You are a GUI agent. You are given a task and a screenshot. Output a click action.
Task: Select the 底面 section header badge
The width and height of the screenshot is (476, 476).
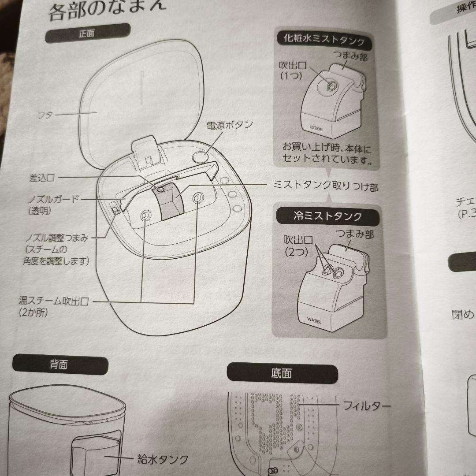(282, 374)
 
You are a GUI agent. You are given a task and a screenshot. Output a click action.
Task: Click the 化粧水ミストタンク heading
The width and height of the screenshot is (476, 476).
(323, 41)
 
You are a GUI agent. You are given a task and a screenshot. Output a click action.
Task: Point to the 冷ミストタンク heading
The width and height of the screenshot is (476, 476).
(327, 216)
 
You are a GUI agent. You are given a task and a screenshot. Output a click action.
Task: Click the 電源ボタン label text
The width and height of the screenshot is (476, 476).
(230, 125)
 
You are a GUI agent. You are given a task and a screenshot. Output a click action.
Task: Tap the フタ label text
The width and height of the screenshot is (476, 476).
(44, 115)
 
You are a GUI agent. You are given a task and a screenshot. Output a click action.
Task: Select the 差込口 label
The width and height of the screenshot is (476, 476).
(42, 177)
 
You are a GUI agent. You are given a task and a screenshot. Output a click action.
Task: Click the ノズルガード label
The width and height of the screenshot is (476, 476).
(52, 199)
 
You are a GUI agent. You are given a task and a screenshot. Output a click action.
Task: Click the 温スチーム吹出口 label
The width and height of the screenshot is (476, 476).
(54, 302)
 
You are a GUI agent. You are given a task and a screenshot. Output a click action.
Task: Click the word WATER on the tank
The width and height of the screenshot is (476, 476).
(314, 321)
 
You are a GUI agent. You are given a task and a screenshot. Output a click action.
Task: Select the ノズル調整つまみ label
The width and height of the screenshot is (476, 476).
(56, 238)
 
